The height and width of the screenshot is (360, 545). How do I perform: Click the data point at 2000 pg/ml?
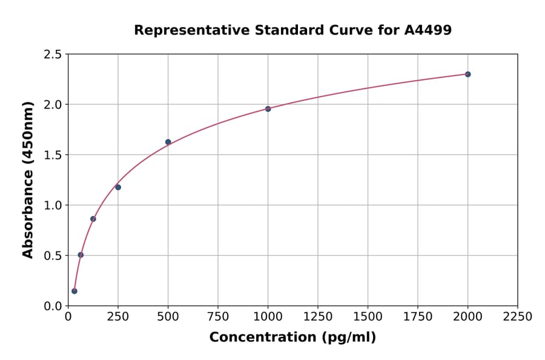pos(467,74)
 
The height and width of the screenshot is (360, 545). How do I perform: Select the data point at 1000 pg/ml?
pos(268,109)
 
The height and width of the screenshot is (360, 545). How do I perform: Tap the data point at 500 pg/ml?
pos(168,142)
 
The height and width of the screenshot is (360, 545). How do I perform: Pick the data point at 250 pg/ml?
pos(118,187)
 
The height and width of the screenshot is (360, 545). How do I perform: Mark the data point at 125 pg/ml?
pos(93,219)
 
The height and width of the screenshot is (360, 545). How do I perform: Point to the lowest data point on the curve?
pos(74,291)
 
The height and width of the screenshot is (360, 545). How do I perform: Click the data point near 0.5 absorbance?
pos(81,255)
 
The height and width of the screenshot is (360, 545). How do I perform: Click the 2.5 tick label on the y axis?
pos(53,55)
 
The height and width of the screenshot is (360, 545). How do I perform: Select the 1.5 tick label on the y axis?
pos(53,155)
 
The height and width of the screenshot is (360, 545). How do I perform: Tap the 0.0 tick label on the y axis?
pos(53,306)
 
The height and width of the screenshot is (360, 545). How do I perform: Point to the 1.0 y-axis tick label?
pos(53,205)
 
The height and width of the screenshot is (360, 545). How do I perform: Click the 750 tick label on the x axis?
pos(218,316)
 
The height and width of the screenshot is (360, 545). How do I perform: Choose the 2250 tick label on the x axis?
pos(517,316)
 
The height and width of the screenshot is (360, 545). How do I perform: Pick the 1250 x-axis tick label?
pos(317,316)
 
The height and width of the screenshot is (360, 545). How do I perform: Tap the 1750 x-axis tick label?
pos(417,316)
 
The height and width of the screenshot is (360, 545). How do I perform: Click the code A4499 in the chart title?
pos(428,30)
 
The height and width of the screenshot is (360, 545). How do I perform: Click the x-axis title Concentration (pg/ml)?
pos(292,337)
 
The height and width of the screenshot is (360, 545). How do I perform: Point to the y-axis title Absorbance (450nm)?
pos(28,179)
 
